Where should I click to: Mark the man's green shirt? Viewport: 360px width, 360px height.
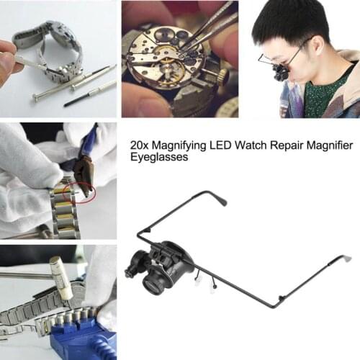(x=317, y=97)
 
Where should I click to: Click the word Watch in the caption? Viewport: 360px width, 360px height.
(x=257, y=146)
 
